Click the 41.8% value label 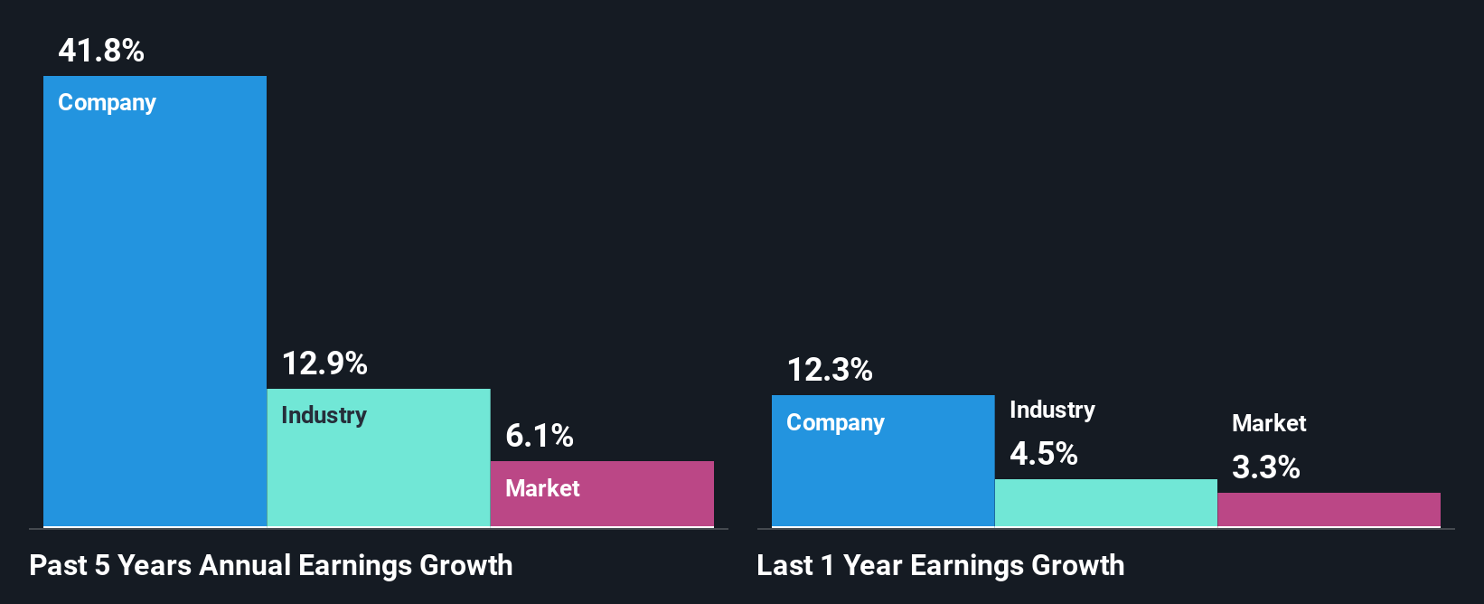coord(101,51)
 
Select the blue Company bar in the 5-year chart coord(155,316)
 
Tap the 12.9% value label coord(324,363)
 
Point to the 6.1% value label coord(540,436)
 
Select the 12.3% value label coord(830,370)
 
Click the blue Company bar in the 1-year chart coord(883,479)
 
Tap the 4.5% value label coord(1044,453)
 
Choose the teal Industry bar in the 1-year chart coord(1106,503)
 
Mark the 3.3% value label coord(1266,467)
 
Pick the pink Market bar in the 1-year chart coord(1329,510)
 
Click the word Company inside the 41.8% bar coord(108,103)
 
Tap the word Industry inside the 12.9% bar coord(324,416)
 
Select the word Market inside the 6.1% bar coord(542,488)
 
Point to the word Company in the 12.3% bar coord(836,423)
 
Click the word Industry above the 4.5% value coord(1052,411)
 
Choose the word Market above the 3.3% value coord(1269,423)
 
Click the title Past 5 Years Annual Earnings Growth coord(271,566)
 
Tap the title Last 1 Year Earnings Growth coord(941,566)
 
